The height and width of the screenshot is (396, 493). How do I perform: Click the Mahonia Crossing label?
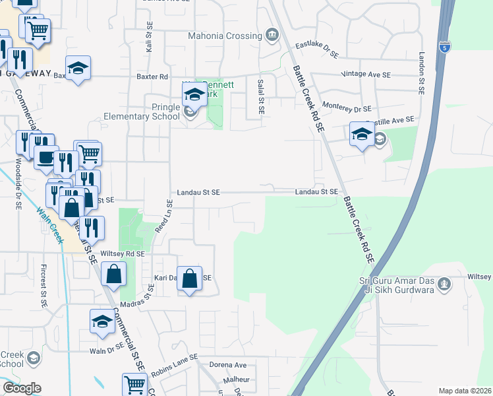point(225,36)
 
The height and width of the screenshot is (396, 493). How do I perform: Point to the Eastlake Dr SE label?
point(317,49)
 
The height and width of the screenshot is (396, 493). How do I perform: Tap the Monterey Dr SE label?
point(347,108)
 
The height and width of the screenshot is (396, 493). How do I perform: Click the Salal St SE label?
point(261,96)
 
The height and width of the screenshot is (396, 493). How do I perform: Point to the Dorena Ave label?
point(227,364)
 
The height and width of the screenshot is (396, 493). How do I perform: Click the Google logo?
point(22,387)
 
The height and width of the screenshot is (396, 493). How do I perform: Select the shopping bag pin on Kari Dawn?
point(190,279)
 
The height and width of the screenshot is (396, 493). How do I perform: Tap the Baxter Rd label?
point(152,77)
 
